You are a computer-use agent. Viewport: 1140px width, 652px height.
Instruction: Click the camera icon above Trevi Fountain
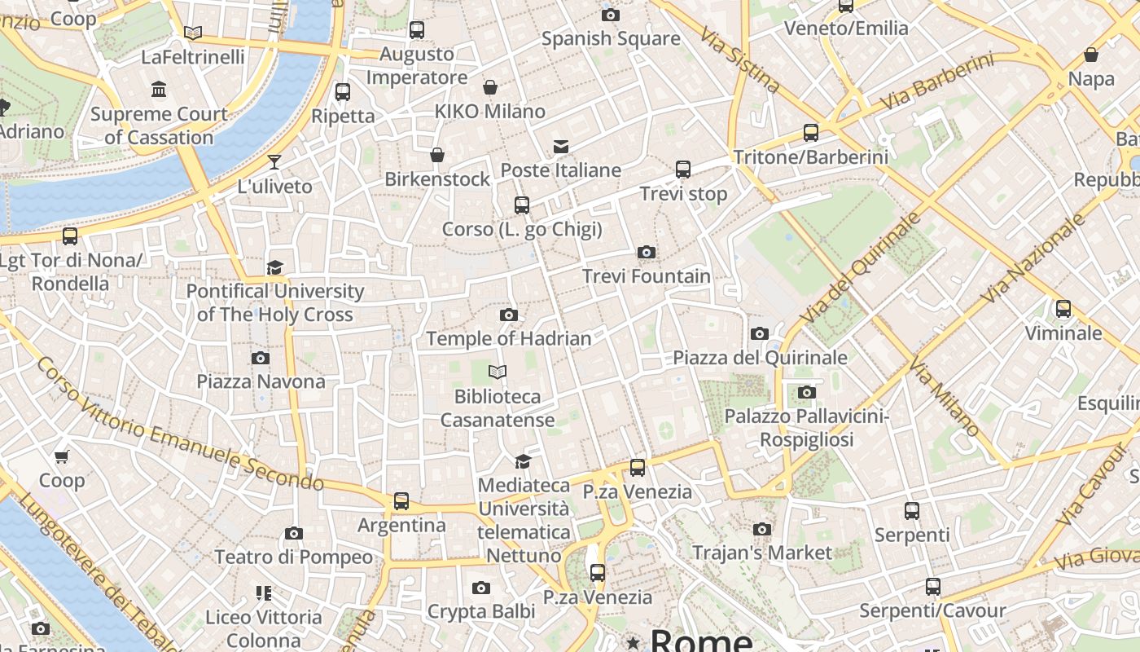tap(647, 253)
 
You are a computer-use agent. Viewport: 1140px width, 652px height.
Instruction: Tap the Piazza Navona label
tap(261, 381)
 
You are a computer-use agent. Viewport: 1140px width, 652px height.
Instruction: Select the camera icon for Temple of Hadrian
tap(509, 315)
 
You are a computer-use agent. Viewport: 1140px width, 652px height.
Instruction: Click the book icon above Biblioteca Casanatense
tap(498, 372)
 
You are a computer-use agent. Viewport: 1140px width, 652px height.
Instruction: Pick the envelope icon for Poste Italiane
tap(561, 147)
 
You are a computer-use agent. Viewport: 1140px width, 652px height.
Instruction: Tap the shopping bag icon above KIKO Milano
tap(490, 87)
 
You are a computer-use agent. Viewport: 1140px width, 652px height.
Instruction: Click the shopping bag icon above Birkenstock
tap(437, 155)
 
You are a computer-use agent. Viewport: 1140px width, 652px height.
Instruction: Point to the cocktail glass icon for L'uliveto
tap(274, 162)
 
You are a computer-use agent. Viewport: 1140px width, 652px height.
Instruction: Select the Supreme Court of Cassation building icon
tap(159, 89)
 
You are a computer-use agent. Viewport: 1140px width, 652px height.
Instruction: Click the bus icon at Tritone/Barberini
tap(810, 132)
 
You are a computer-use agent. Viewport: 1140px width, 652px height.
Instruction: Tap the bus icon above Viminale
tap(1063, 309)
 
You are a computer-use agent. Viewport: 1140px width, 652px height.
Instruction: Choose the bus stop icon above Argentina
tap(401, 501)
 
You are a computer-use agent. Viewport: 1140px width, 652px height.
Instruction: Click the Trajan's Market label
tap(762, 553)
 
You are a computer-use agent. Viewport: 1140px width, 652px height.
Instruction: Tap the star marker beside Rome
tap(633, 643)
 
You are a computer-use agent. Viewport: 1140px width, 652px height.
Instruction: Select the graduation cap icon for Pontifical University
tap(274, 267)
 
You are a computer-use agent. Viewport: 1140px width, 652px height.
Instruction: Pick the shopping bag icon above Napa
tap(1090, 55)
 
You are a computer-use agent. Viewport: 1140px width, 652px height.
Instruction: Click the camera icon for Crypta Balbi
tap(481, 588)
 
